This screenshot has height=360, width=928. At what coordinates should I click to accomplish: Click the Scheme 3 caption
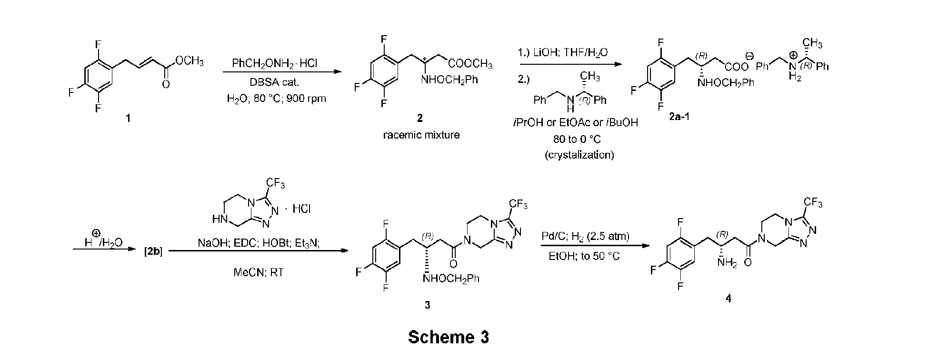point(448,337)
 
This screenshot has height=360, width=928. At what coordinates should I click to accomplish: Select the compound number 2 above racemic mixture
point(419,118)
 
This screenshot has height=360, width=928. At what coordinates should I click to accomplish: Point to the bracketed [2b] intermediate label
point(153,251)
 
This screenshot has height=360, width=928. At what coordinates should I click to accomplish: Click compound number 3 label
point(427,305)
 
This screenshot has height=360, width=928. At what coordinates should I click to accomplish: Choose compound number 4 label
point(728,299)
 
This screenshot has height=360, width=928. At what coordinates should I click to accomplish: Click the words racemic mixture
point(421,135)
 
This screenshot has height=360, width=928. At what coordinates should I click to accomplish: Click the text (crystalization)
point(579,155)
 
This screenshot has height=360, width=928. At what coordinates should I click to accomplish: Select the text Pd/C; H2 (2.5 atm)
point(585,237)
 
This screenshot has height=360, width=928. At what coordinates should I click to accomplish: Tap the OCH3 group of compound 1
point(190,61)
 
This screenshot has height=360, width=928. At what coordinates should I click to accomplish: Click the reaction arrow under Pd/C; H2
point(595,246)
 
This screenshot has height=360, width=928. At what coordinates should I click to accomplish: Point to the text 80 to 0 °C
point(579,139)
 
